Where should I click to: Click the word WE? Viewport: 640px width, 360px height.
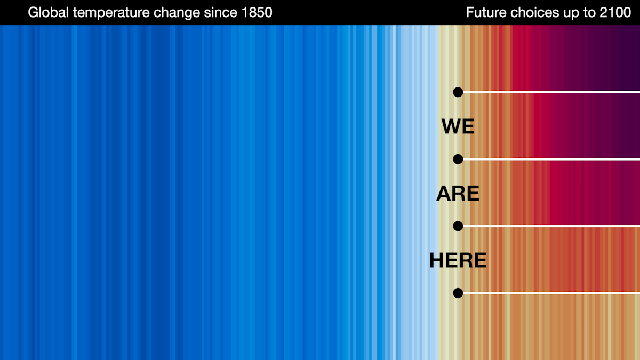pyautogui.click(x=458, y=126)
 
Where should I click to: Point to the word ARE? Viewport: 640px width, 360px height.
pyautogui.click(x=458, y=194)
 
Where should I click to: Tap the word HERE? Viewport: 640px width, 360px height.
pyautogui.click(x=458, y=260)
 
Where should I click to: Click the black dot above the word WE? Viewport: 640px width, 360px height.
pyautogui.click(x=458, y=92)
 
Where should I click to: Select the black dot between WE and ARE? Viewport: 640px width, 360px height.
pyautogui.click(x=458, y=159)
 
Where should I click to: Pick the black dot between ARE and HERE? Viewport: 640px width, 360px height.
pyautogui.click(x=458, y=226)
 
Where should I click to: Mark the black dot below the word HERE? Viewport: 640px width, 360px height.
pyautogui.click(x=458, y=293)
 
